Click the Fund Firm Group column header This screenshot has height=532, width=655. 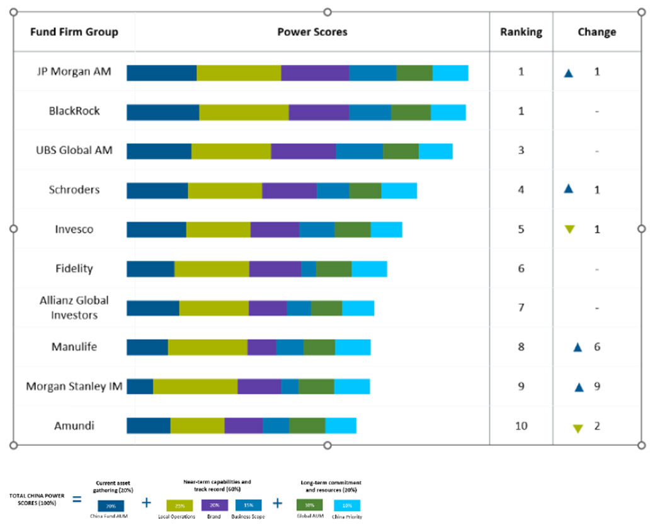tap(74, 32)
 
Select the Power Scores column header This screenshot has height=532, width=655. tap(312, 32)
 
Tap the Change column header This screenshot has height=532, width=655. tap(596, 32)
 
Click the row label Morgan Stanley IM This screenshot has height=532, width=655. tap(74, 386)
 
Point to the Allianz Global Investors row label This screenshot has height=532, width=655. tap(74, 307)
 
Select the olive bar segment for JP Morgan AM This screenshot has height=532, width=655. tap(239, 73)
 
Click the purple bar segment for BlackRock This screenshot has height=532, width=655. tap(319, 113)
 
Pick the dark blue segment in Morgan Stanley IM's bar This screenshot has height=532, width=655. tap(140, 387)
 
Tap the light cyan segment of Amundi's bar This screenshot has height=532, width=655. tap(340, 426)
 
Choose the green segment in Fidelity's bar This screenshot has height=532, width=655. tap(333, 269)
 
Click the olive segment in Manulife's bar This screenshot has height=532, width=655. tap(207, 347)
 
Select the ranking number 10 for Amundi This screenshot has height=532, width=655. tap(521, 426)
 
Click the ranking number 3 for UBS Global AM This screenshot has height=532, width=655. tap(521, 150)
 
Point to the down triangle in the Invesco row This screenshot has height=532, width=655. tap(569, 230)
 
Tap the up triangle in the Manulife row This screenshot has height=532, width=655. tap(578, 347)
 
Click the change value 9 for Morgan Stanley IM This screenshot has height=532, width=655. tap(596, 386)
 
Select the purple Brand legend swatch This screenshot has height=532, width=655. tap(214, 505)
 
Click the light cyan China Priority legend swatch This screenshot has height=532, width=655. tap(346, 505)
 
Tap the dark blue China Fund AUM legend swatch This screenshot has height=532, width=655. tap(110, 506)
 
